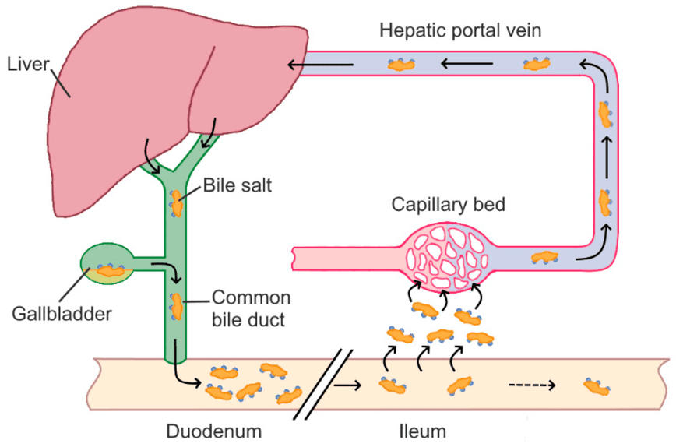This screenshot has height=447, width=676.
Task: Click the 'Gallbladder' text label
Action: click(62, 314)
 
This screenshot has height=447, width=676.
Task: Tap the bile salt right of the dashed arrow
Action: click(597, 385)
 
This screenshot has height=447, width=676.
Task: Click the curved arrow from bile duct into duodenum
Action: click(187, 375)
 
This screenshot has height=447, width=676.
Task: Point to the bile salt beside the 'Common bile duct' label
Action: click(178, 305)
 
